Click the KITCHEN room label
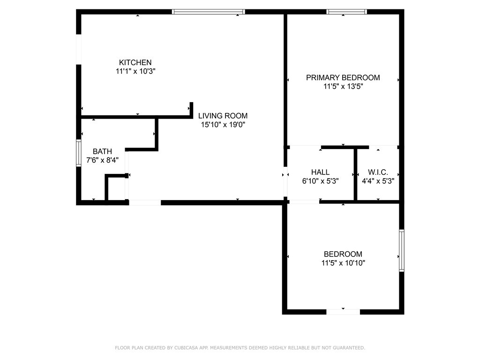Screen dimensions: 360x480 [x=135, y=62]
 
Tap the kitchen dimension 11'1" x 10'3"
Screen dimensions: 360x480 [x=135, y=71]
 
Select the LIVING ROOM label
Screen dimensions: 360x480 [x=223, y=116]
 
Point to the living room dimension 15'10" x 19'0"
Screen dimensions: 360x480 [x=223, y=125]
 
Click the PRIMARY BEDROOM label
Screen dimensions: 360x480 [x=343, y=77]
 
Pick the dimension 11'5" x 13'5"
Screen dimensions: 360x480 [x=343, y=86]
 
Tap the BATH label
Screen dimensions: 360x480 [x=102, y=151]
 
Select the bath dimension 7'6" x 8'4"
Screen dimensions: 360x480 [x=102, y=160]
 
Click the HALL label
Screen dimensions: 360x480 [x=320, y=172]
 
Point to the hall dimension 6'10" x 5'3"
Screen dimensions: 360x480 [x=320, y=181]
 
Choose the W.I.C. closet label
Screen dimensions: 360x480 [x=377, y=172]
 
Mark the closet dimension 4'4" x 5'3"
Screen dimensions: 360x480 [x=377, y=181]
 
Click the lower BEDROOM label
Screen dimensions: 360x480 [x=343, y=254]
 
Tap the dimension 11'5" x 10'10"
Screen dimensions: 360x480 [x=343, y=263]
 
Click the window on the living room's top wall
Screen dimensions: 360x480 [x=209, y=12]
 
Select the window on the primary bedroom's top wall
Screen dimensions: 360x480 [x=346, y=12]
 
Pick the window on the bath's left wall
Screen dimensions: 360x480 [x=79, y=153]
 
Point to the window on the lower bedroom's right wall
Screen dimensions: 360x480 [x=401, y=250]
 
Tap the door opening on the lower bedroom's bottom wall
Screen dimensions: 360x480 [x=343, y=312]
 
